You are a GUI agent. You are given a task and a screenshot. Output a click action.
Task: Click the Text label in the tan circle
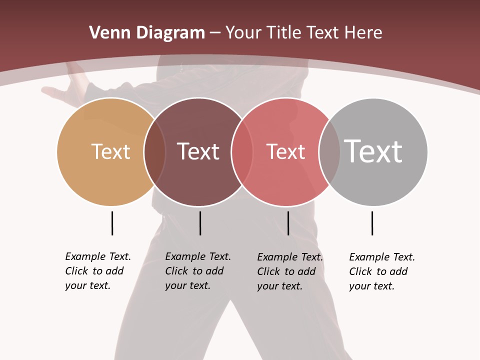(110, 151)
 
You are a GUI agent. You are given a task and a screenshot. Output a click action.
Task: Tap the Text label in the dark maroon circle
(198, 151)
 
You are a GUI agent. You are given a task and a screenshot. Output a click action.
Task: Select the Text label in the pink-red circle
(285, 151)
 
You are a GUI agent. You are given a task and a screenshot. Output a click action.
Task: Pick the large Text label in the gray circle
(373, 151)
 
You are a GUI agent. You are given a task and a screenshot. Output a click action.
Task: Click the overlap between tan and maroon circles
(154, 151)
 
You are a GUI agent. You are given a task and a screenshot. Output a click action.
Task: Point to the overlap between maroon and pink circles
(241, 151)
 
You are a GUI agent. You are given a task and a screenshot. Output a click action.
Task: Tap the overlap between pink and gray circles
(329, 151)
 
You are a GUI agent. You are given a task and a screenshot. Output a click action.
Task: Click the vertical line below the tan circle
(112, 223)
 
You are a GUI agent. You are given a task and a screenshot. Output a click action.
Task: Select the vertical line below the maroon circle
(200, 223)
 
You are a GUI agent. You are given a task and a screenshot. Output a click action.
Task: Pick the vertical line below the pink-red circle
(288, 223)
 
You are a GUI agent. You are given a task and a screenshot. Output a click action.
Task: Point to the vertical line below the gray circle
(372, 223)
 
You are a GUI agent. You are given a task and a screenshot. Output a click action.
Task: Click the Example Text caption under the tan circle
(98, 271)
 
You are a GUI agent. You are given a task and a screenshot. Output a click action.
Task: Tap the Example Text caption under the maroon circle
(198, 271)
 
